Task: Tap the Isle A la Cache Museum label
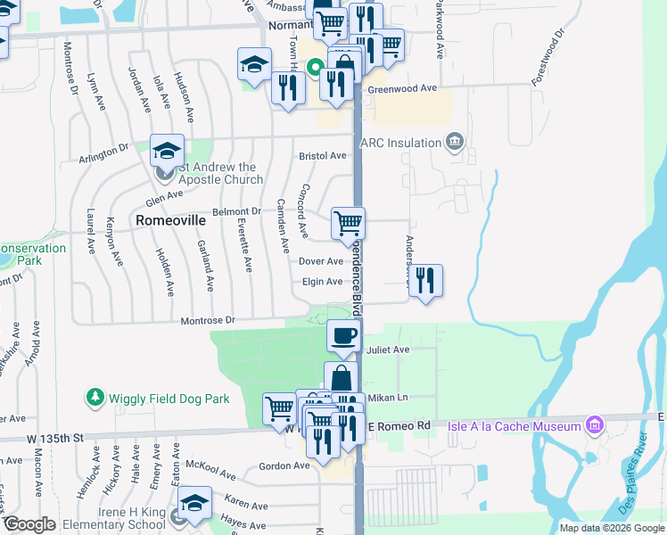(515, 426)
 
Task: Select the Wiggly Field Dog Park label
(169, 398)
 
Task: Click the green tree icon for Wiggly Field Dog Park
(95, 396)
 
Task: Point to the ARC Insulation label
(400, 143)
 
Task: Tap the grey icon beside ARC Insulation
(455, 142)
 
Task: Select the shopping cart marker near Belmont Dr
(348, 223)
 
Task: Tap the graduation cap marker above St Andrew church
(167, 150)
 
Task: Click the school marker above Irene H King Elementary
(194, 503)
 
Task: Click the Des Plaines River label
(634, 487)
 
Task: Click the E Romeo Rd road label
(399, 427)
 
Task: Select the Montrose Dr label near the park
(207, 320)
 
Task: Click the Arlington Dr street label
(103, 154)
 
